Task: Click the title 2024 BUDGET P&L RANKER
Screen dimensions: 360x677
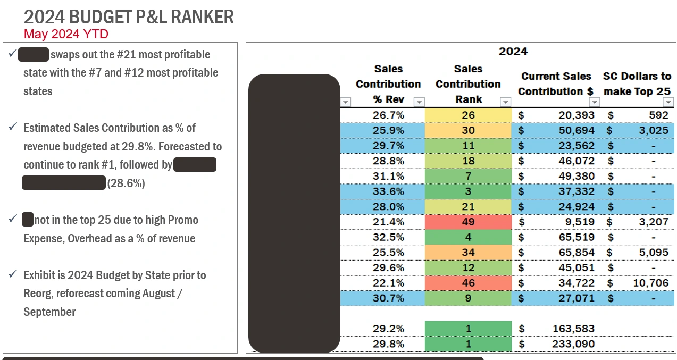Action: pos(129,17)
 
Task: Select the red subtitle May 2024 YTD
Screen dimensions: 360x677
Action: pos(66,35)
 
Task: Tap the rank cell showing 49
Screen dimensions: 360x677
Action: pos(468,222)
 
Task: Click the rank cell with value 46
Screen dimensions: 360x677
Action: pos(468,283)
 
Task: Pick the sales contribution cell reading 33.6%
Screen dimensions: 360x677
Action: pos(388,191)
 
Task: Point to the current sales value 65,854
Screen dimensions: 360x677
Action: pos(576,252)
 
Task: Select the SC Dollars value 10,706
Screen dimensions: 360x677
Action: pos(650,283)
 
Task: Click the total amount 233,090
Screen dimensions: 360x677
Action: pos(572,344)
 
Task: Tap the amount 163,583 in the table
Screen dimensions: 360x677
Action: pos(572,329)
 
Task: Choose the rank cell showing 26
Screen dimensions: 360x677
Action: pos(468,115)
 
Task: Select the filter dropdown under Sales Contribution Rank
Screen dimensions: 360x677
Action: pos(505,102)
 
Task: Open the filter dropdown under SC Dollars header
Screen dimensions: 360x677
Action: pos(668,102)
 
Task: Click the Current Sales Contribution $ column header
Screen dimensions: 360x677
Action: pos(556,84)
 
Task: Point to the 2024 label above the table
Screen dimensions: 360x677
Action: pos(513,52)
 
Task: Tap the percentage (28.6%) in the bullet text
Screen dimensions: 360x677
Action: pos(126,183)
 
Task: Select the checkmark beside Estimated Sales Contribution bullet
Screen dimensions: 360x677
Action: pos(13,127)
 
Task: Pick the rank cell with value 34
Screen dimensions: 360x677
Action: pos(468,252)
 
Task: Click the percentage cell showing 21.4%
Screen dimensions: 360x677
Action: pos(388,222)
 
